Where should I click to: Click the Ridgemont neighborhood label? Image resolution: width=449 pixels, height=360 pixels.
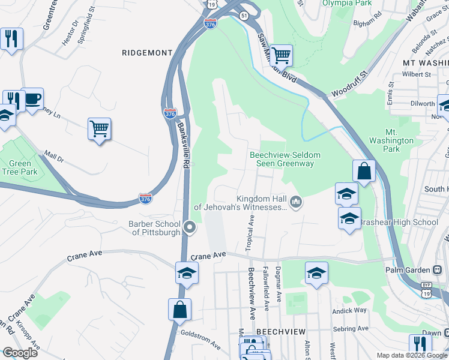[x=147, y=53]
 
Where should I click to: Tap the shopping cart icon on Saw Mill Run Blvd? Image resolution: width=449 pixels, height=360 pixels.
[x=280, y=56]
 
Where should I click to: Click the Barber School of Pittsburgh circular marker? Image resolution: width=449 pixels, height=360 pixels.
[x=190, y=227]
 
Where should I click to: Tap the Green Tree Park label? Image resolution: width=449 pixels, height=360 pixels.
[x=20, y=168]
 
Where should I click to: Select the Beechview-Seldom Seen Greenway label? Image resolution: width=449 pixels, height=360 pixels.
[x=285, y=159]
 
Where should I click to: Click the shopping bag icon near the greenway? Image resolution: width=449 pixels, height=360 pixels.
[x=364, y=171]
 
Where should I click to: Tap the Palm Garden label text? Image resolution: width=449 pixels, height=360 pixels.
[x=406, y=270]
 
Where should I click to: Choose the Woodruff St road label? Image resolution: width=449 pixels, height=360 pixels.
[x=348, y=84]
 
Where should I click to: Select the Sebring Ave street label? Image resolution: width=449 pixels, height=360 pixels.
[x=351, y=328]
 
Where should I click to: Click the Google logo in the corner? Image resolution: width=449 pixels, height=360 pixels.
[x=20, y=352]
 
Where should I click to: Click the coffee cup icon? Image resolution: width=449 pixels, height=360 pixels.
[x=32, y=98]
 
